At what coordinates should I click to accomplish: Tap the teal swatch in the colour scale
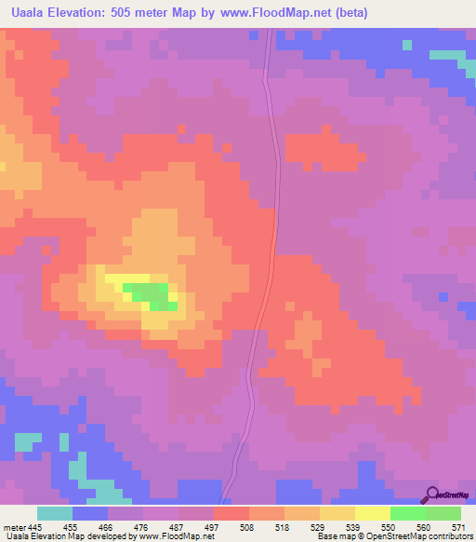point(55,513)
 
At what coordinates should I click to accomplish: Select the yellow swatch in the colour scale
point(373,513)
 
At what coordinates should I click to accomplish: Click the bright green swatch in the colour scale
point(408,513)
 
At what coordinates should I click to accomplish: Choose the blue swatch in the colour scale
point(90,513)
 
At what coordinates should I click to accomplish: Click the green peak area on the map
point(154,295)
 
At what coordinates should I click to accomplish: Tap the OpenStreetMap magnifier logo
point(432,495)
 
